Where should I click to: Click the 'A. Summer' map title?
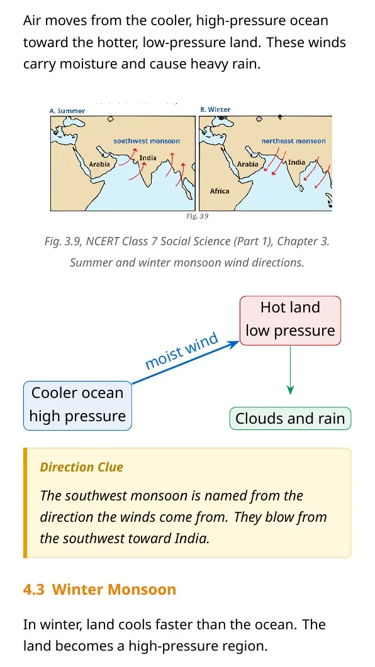[67, 111]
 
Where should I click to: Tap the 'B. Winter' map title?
[215, 109]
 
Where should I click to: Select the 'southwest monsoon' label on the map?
[147, 141]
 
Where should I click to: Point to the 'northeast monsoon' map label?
[294, 141]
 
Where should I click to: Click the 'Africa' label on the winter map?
[220, 191]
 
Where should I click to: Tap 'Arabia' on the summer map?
[99, 164]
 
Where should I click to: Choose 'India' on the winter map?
[297, 162]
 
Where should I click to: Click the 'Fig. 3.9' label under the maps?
[198, 216]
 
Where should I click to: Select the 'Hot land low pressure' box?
[290, 321]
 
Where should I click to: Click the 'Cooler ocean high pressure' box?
[77, 405]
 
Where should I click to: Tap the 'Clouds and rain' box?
[290, 418]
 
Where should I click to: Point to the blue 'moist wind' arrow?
[186, 363]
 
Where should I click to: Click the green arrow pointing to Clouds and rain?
[290, 370]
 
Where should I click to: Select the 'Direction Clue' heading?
[81, 467]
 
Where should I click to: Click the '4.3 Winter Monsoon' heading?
[99, 589]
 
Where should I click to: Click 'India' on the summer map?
[148, 158]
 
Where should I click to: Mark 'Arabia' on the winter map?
[248, 164]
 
